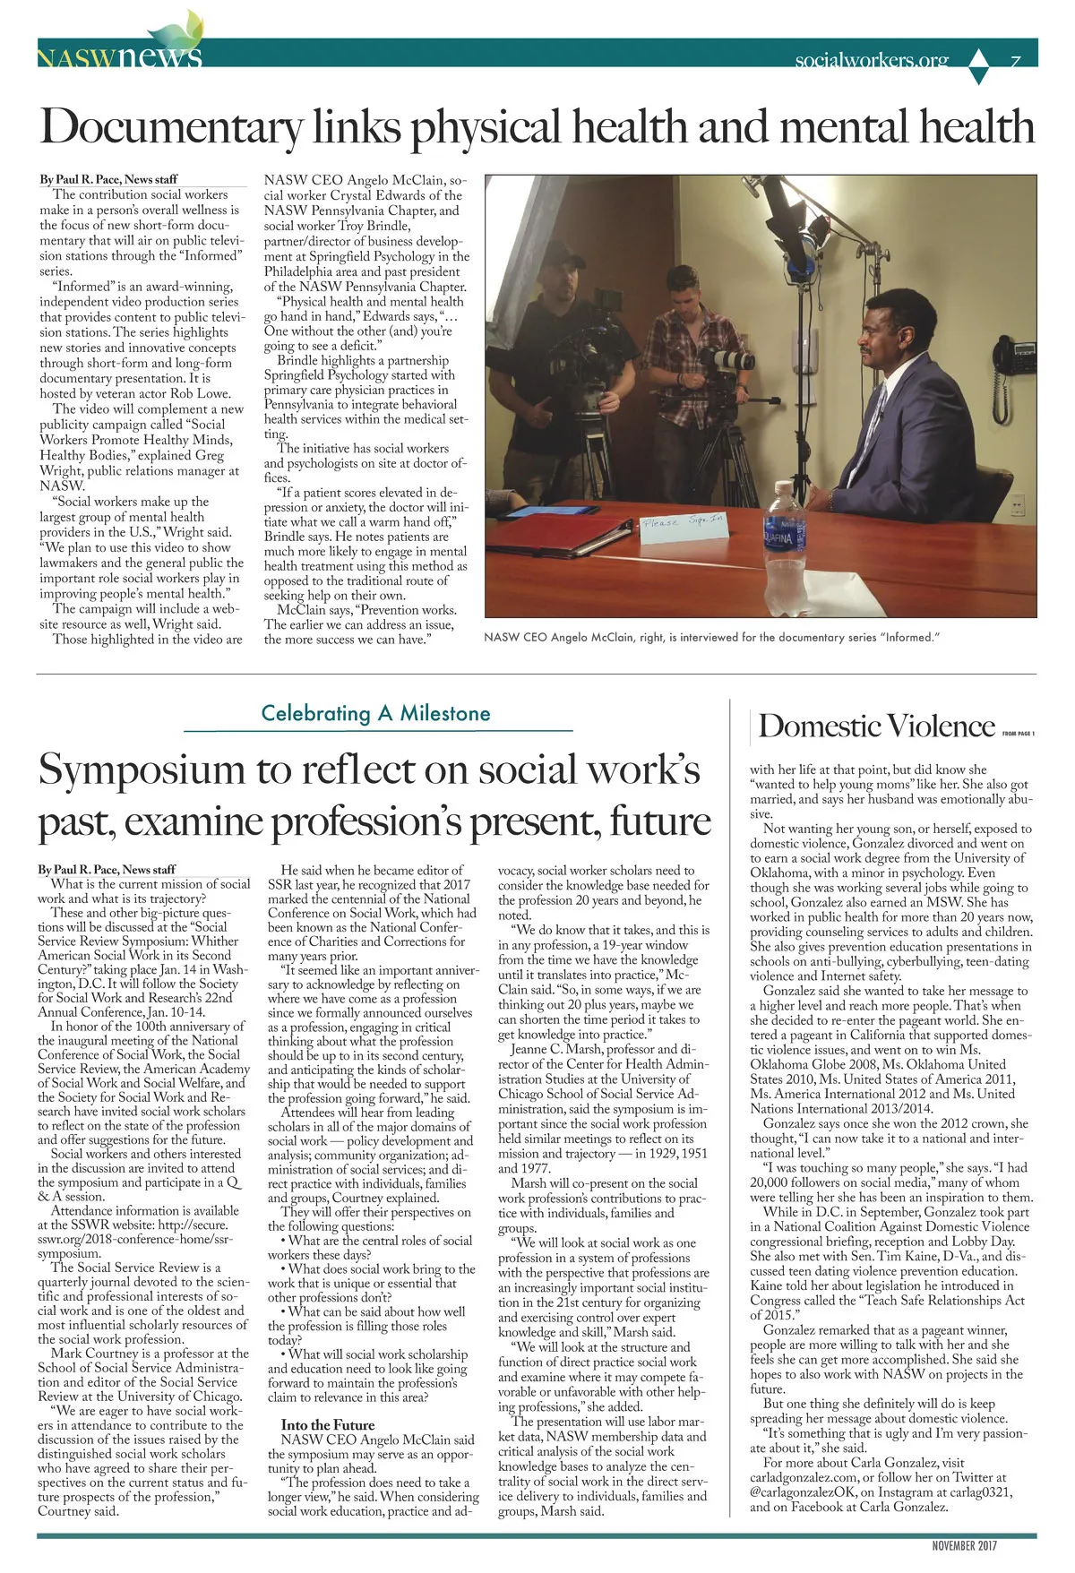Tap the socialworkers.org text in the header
tap(871, 60)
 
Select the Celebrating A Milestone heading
tap(375, 713)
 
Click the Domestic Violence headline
tap(876, 726)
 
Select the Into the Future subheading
tap(328, 1424)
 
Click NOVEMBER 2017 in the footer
tap(964, 1545)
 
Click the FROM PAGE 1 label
tap(1019, 734)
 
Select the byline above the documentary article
tap(108, 179)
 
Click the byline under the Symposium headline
tap(107, 869)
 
